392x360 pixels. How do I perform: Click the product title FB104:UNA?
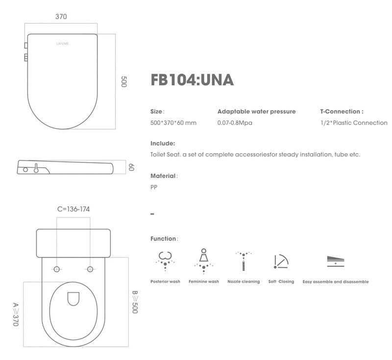pyautogui.click(x=192, y=80)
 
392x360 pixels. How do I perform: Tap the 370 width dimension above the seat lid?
pyautogui.click(x=61, y=17)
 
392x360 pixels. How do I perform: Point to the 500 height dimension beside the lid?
pyautogui.click(x=123, y=82)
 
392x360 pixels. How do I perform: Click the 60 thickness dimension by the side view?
pyautogui.click(x=131, y=168)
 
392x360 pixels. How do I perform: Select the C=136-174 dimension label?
pyautogui.click(x=73, y=209)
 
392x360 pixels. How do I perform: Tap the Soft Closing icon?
pyautogui.click(x=281, y=261)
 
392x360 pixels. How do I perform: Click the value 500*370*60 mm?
pyautogui.click(x=173, y=123)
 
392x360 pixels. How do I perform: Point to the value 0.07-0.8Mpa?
pyautogui.click(x=235, y=123)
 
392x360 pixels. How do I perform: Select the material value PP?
pyautogui.click(x=154, y=187)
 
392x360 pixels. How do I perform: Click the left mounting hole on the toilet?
pyautogui.click(x=57, y=269)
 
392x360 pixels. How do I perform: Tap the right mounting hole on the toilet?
pyautogui.click(x=90, y=269)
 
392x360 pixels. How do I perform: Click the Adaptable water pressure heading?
pyautogui.click(x=256, y=112)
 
